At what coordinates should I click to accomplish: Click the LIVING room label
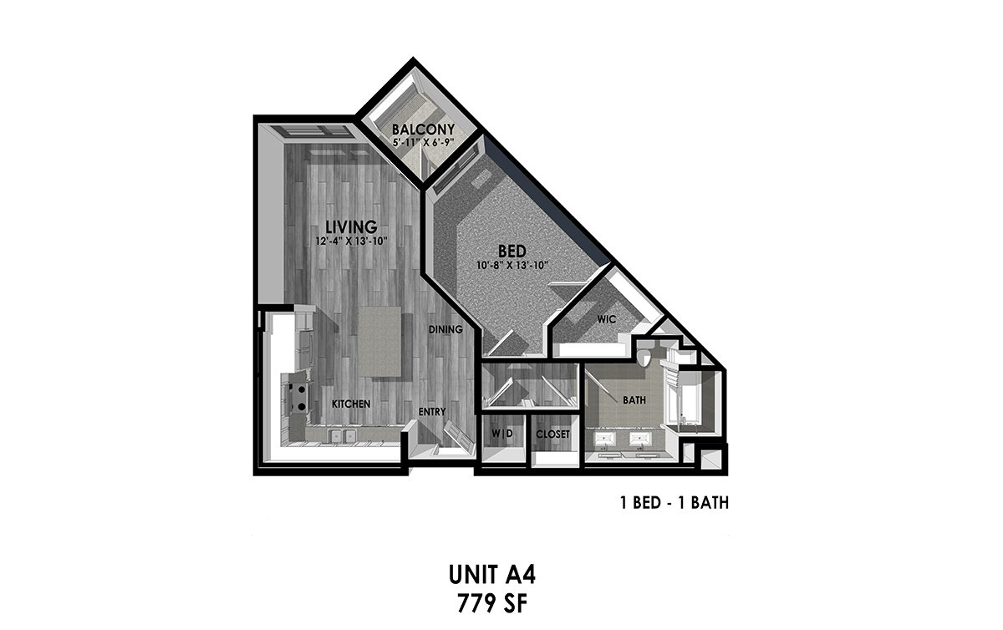coord(351,226)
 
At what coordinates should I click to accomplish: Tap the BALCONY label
coord(423,130)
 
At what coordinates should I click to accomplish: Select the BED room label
coord(512,251)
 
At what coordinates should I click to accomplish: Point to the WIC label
coord(606,319)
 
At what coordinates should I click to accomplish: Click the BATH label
coord(634,400)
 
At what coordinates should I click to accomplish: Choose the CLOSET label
coord(552,434)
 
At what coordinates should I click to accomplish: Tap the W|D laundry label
coord(502,434)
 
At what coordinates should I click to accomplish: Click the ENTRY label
coord(432,411)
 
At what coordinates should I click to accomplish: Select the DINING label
coord(445,329)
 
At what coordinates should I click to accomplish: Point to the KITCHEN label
coord(351,404)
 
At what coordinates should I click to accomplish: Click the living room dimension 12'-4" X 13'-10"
coord(351,241)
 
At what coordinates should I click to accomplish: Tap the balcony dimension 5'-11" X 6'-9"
coord(423,143)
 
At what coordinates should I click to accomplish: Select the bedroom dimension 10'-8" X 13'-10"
coord(512,266)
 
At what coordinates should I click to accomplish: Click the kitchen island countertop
coord(379,342)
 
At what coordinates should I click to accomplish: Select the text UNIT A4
coord(491,576)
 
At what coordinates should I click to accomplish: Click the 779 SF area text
coord(492,604)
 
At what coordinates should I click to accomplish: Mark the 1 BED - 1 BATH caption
coord(675,503)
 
